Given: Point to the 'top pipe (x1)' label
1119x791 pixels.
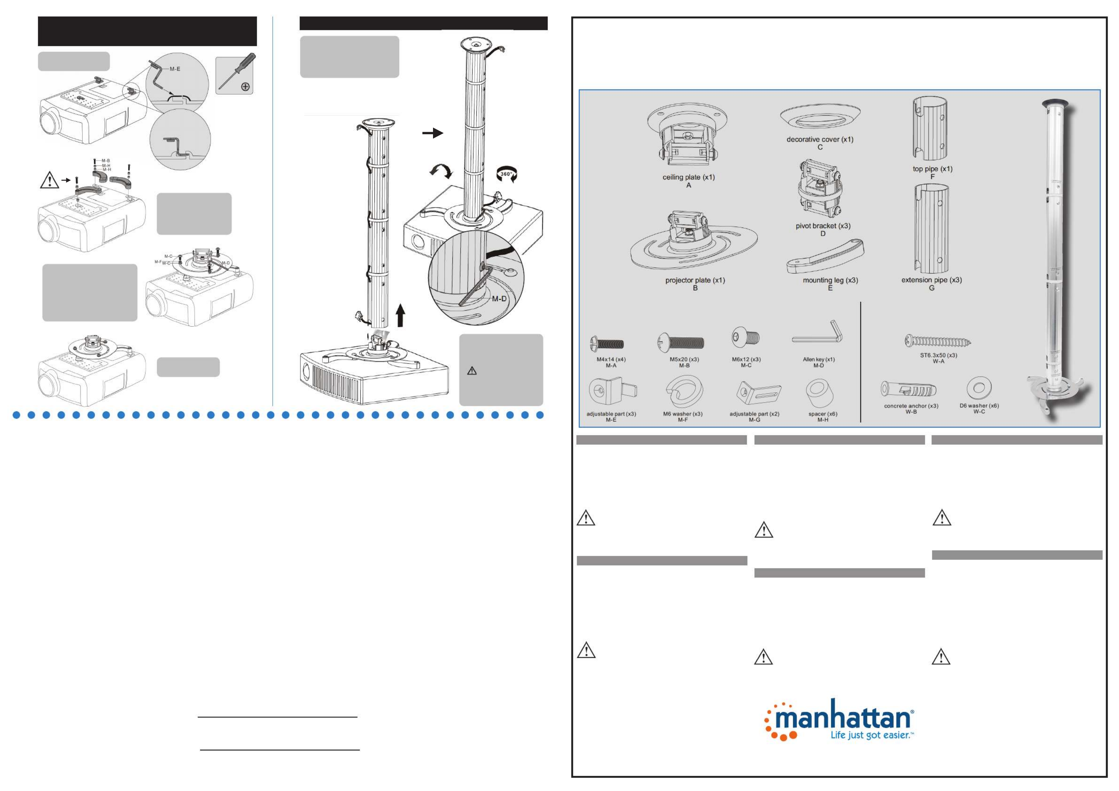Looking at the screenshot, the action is point(932,169).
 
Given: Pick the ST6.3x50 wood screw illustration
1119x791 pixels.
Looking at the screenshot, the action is point(938,341).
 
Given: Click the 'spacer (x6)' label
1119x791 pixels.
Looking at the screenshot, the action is point(823,414).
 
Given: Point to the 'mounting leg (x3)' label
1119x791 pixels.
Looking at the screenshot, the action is point(830,280).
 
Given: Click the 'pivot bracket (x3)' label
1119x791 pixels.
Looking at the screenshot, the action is point(823,226).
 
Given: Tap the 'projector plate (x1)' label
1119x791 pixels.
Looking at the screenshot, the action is point(695,280).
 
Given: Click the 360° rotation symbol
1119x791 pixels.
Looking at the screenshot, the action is point(507,174).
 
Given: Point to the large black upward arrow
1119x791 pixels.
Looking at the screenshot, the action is point(401,314).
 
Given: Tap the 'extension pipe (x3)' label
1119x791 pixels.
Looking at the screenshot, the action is point(931,280).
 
